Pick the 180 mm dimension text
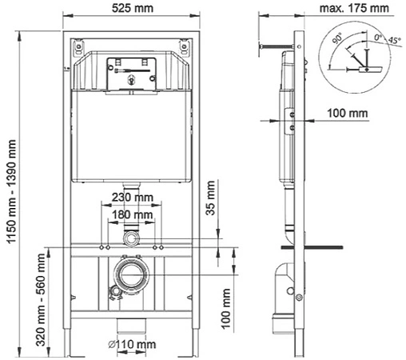point(132,215)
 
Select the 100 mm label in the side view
point(348,114)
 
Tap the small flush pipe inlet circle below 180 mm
point(131,238)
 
